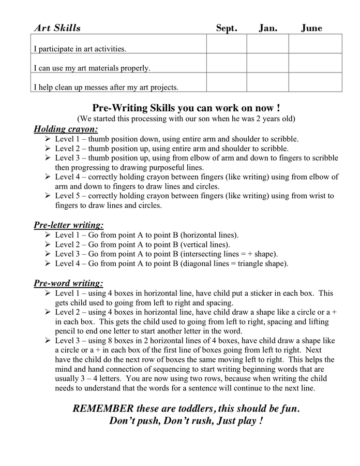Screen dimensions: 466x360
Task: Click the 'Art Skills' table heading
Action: tap(57, 28)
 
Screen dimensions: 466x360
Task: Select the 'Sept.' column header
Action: tap(226, 28)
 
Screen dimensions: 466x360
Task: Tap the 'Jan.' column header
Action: tap(267, 28)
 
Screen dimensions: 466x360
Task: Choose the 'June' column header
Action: tap(311, 28)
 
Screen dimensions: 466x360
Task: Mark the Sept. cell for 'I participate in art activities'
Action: tap(226, 43)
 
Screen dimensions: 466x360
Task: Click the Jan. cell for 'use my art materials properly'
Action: tap(267, 63)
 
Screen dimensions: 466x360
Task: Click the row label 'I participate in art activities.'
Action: tap(80, 49)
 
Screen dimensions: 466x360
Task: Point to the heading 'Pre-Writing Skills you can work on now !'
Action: tap(186, 108)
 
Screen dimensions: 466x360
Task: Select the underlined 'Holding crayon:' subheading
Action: tap(66, 129)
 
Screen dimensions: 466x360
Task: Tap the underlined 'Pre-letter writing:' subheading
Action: tap(69, 225)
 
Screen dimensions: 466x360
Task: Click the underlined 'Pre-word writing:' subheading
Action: tap(68, 283)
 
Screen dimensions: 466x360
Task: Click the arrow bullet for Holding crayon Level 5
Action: tap(48, 196)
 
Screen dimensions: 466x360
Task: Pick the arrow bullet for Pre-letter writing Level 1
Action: tap(48, 235)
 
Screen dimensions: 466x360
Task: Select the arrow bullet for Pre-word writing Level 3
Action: tap(48, 341)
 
